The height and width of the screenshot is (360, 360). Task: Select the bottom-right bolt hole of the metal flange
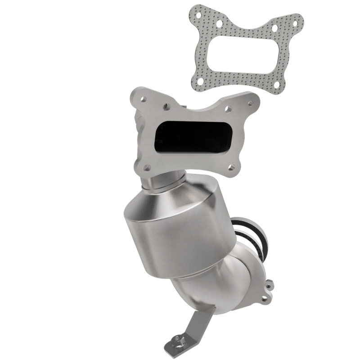click(233, 170)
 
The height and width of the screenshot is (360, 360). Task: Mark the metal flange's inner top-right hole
click(228, 109)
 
